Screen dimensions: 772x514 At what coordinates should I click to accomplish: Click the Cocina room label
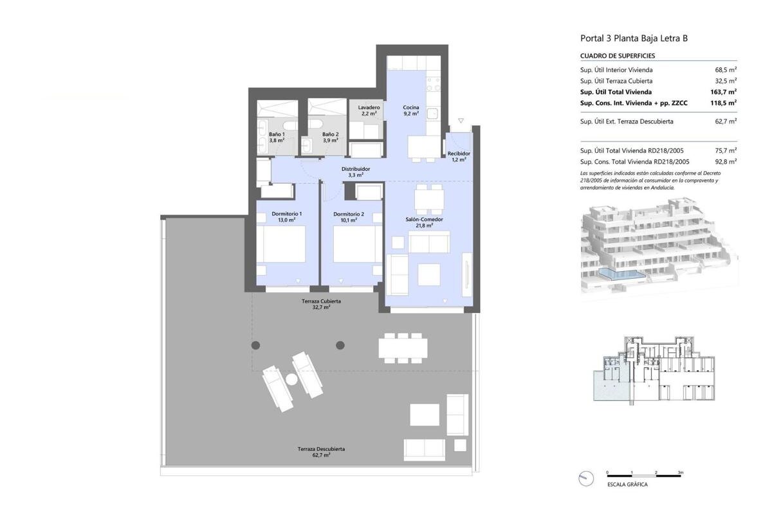[411, 110]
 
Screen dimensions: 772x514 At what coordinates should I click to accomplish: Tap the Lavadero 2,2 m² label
[369, 110]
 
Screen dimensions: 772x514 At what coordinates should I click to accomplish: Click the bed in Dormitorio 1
[281, 244]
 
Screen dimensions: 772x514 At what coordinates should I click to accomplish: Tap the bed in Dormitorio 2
[358, 244]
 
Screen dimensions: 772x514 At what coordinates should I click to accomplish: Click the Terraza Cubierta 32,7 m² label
[321, 304]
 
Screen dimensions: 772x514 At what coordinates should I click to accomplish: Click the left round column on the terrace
[256, 345]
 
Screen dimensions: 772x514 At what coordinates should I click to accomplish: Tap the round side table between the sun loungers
[291, 379]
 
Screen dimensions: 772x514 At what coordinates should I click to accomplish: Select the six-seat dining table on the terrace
[403, 348]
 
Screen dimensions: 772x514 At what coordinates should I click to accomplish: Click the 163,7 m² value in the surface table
[723, 92]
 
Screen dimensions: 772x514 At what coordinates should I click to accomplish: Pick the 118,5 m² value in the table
[723, 103]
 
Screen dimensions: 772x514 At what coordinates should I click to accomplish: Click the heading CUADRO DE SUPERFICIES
[618, 56]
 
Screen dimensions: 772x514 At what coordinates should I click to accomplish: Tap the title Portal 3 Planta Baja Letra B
[634, 38]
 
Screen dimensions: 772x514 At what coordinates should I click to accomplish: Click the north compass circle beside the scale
[586, 478]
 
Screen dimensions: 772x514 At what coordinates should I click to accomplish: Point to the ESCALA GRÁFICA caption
[628, 484]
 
